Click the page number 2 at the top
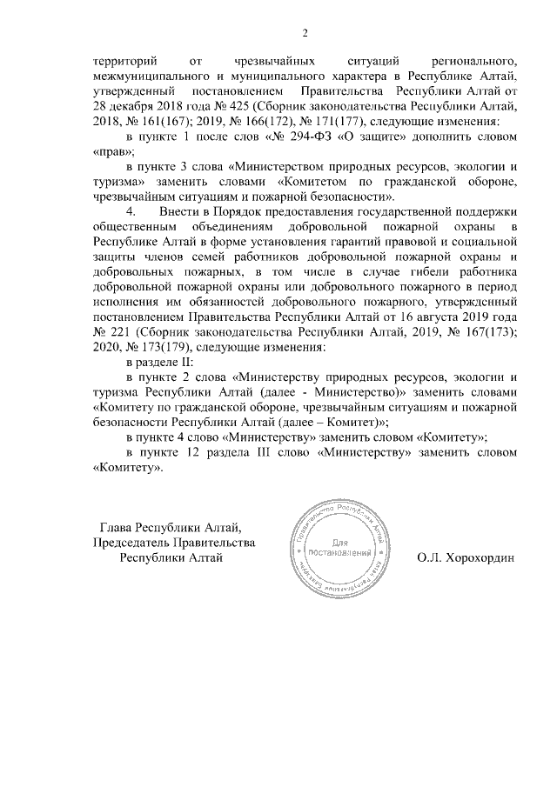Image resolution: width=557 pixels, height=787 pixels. [305, 34]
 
